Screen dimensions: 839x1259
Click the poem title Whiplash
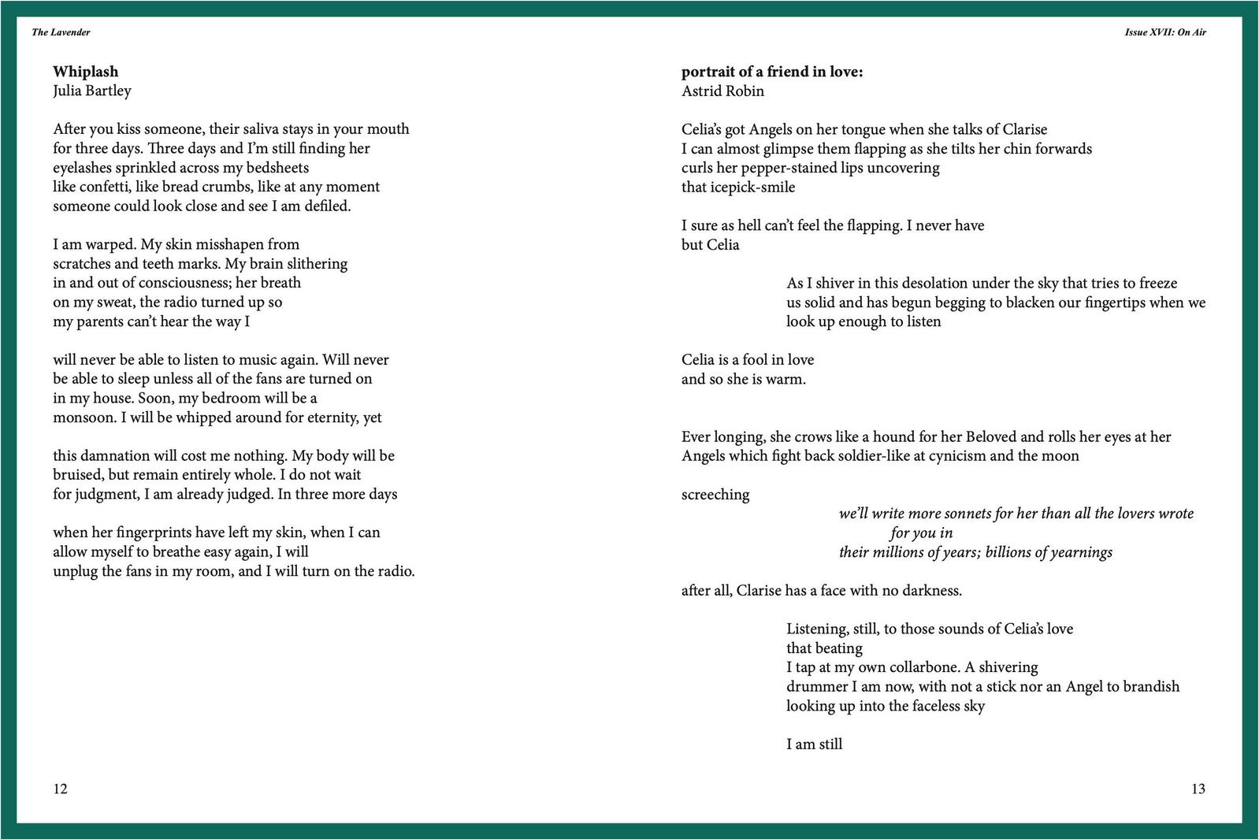click(85, 72)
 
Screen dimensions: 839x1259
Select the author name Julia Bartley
click(92, 91)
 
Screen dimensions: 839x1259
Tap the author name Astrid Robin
click(722, 91)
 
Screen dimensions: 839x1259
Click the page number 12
click(61, 789)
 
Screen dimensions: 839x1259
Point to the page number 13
click(1198, 789)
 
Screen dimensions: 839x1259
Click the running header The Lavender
click(61, 32)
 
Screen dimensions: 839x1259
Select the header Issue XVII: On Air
click(1165, 32)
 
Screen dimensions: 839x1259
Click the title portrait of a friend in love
click(772, 72)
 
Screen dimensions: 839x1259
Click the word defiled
click(327, 206)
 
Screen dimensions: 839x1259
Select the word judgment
click(106, 495)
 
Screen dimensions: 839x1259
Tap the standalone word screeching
click(715, 495)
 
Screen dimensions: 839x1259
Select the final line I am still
click(814, 744)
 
